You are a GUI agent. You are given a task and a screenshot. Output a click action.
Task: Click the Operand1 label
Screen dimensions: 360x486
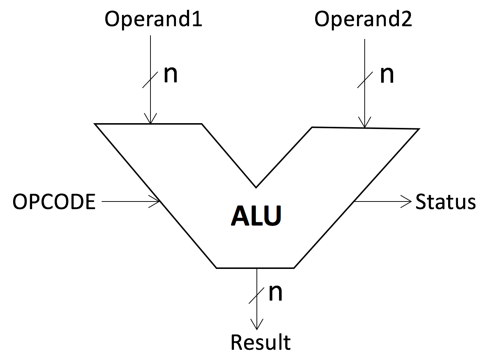point(153,19)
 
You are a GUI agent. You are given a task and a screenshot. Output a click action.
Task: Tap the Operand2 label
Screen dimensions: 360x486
point(363,19)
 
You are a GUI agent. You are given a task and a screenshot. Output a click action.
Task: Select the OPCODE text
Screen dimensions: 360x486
point(54,201)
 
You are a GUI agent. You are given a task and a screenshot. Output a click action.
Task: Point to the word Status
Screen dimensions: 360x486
point(446,201)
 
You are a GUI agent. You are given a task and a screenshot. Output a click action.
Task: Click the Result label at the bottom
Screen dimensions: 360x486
point(260,342)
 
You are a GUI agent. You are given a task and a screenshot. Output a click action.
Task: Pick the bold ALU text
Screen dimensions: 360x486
point(256,216)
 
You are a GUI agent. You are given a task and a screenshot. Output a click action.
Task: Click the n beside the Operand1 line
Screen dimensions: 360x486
point(171,74)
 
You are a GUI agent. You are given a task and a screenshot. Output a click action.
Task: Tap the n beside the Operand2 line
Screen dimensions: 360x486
point(387,74)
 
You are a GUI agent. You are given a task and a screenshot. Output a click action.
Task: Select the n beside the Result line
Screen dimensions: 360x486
point(275,292)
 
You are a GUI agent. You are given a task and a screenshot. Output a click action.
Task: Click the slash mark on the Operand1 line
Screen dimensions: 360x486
point(150,79)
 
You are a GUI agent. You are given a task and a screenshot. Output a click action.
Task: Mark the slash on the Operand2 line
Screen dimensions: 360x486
point(365,79)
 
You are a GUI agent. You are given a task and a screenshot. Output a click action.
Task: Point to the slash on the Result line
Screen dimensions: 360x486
point(257,296)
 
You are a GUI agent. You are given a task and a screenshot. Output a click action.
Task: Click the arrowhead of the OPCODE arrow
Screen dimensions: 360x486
point(156,201)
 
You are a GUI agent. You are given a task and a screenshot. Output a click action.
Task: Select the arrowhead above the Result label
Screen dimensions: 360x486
point(257,325)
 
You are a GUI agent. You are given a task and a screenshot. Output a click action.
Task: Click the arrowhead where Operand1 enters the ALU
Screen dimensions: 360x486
point(150,120)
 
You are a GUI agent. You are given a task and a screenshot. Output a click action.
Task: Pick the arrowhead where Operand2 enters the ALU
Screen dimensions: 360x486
point(365,124)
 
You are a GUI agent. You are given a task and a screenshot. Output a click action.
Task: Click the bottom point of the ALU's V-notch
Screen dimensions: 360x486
point(256,187)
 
